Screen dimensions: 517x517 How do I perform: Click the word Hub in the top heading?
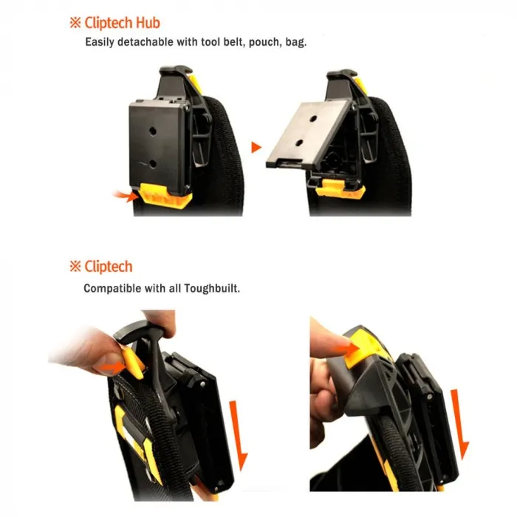pyautogui.click(x=148, y=23)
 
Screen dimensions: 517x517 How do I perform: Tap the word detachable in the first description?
pyautogui.click(x=145, y=42)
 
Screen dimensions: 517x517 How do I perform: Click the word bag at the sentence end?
pyautogui.click(x=295, y=43)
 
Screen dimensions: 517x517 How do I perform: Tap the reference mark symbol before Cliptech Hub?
pyautogui.click(x=75, y=23)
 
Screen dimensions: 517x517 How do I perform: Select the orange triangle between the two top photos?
pyautogui.click(x=256, y=147)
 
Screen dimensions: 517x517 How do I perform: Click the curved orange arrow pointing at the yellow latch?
pyautogui.click(x=126, y=196)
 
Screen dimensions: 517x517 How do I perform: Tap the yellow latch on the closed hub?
pyautogui.click(x=165, y=196)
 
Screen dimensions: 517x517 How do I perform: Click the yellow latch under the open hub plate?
pyautogui.click(x=340, y=188)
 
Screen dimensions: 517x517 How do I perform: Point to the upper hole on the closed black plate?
pyautogui.click(x=152, y=131)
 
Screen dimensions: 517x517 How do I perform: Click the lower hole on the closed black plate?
pyautogui.click(x=153, y=163)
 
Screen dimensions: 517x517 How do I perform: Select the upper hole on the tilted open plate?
pyautogui.click(x=313, y=119)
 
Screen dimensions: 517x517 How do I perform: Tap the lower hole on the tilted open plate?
pyautogui.click(x=300, y=143)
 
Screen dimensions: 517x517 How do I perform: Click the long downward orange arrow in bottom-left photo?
pyautogui.click(x=239, y=435)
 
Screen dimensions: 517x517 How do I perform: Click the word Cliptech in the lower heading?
pyautogui.click(x=109, y=267)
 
